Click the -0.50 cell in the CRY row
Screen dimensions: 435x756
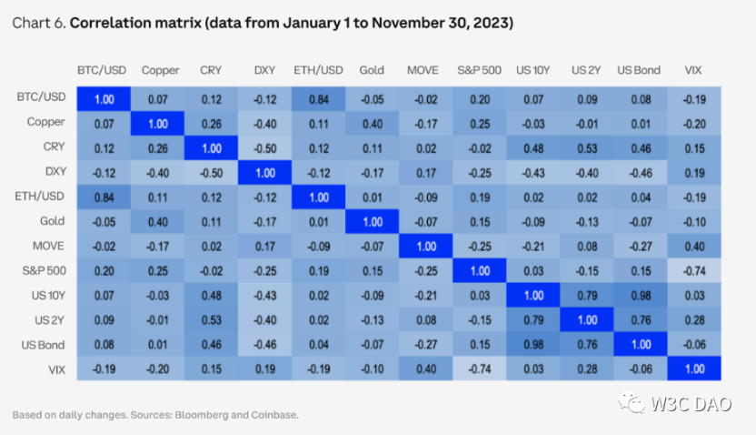tap(265, 147)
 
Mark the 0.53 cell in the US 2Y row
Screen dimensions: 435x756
tap(210, 319)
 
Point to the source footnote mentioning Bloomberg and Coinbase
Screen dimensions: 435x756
tap(155, 414)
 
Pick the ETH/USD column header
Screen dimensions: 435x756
tap(318, 70)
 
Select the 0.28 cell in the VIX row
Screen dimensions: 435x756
tap(586, 368)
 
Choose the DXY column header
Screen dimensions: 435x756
tap(265, 70)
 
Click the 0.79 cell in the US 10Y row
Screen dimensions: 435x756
tap(586, 294)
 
